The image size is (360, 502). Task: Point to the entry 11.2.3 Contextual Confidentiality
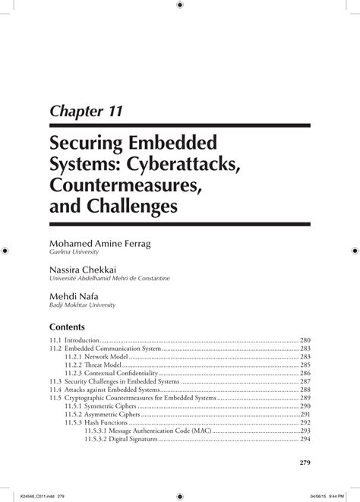click(x=111, y=374)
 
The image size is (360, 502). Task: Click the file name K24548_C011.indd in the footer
click(x=31, y=494)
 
